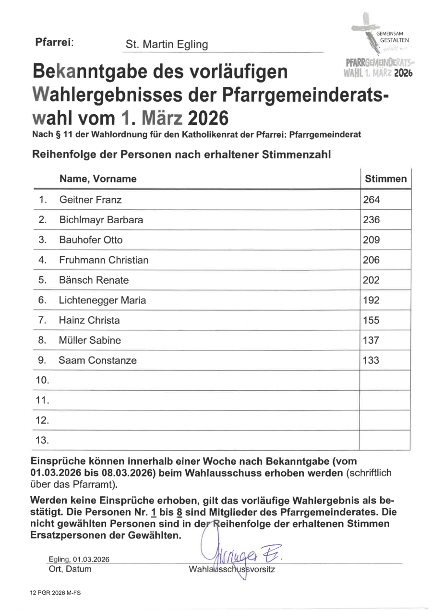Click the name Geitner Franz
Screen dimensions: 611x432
point(90,200)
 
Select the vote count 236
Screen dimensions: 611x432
point(371,220)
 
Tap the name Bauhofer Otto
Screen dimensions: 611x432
point(90,240)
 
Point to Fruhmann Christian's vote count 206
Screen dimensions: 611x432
point(371,260)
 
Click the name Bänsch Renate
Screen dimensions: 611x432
point(94,280)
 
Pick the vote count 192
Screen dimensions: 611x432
point(371,300)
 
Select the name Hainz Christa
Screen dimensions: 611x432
point(89,320)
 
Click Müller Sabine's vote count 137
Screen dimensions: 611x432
point(371,340)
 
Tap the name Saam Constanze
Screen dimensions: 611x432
point(97,360)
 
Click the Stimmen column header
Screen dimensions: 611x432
point(385,179)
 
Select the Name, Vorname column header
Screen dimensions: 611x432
point(98,179)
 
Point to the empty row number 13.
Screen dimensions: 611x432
point(43,440)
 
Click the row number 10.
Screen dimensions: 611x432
point(43,381)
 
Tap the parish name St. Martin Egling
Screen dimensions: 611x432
point(167,45)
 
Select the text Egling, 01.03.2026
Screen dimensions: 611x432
point(79,560)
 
